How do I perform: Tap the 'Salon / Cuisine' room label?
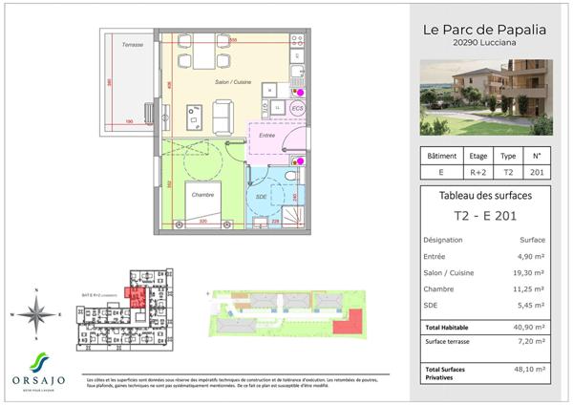233,84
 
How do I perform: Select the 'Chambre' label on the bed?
202,194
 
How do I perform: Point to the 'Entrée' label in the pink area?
267,136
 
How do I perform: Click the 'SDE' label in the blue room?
260,197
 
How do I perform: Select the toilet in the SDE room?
291,181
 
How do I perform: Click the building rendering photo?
486,95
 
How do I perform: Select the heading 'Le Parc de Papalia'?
485,29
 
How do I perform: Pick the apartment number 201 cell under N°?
537,173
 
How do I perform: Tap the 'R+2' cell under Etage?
477,173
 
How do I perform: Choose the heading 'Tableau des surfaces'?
485,197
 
